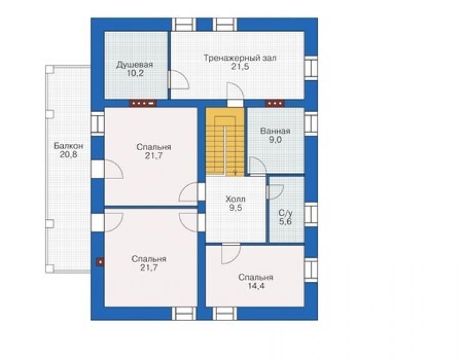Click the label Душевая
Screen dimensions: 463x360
[135, 64]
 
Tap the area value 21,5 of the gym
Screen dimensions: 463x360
[240, 67]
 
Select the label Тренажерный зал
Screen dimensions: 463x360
[240, 58]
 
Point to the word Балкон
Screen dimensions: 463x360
[68, 146]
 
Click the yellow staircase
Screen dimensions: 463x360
[225, 142]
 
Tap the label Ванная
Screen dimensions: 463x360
[275, 131]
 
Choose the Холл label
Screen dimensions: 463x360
[235, 199]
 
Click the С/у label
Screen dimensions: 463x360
[285, 213]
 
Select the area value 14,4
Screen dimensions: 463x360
[256, 286]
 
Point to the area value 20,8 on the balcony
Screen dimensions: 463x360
[68, 154]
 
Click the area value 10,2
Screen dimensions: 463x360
[135, 73]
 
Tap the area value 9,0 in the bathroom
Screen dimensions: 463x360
[275, 140]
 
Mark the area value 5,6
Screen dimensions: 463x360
[285, 222]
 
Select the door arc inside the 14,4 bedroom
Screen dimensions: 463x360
[231, 254]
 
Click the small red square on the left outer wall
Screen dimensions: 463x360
[100, 262]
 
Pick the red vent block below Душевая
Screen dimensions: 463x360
[143, 103]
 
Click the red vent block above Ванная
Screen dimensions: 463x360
[275, 103]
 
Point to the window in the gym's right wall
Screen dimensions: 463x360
[310, 68]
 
